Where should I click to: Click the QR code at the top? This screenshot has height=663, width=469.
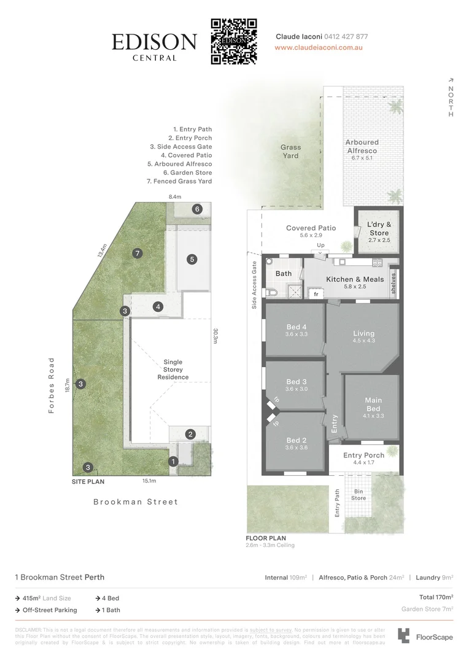233,41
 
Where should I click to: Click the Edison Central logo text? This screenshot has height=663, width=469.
154,45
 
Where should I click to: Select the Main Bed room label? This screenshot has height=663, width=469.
373,405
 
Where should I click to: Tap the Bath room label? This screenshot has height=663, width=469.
284,274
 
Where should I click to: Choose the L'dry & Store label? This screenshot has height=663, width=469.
379,229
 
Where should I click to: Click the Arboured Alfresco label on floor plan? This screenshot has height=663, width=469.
362,146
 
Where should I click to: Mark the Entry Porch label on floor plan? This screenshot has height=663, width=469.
363,456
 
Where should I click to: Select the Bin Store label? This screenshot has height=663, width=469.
359,495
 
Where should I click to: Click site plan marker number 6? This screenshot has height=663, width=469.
197,209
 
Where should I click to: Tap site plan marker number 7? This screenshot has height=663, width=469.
137,253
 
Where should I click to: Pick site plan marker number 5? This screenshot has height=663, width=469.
192,260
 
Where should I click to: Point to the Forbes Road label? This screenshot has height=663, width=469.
52,385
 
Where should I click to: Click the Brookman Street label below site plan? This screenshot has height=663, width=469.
136,502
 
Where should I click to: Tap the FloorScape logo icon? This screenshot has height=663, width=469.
404,635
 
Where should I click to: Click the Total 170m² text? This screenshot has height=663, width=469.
436,597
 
